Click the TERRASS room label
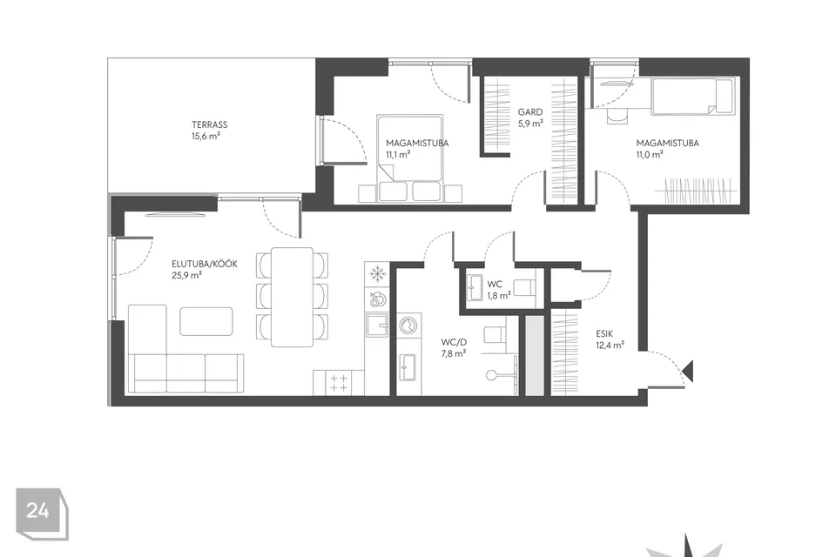click(x=210, y=124)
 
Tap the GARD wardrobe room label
click(x=530, y=112)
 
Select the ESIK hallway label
click(x=604, y=333)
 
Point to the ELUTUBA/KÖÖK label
click(x=204, y=264)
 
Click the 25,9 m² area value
click(x=186, y=276)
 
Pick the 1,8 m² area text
click(x=499, y=295)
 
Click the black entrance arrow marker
click(x=688, y=371)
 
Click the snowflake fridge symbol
click(x=377, y=274)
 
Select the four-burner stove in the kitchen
click(x=339, y=383)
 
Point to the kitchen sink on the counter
click(x=377, y=325)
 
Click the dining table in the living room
click(x=292, y=297)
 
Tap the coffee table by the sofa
click(x=206, y=321)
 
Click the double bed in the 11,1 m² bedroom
click(x=409, y=158)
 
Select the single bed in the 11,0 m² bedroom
click(x=692, y=96)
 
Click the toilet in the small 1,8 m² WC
click(x=526, y=287)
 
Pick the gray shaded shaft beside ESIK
click(x=535, y=355)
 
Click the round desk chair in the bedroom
click(x=617, y=117)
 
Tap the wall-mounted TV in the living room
click(x=174, y=214)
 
